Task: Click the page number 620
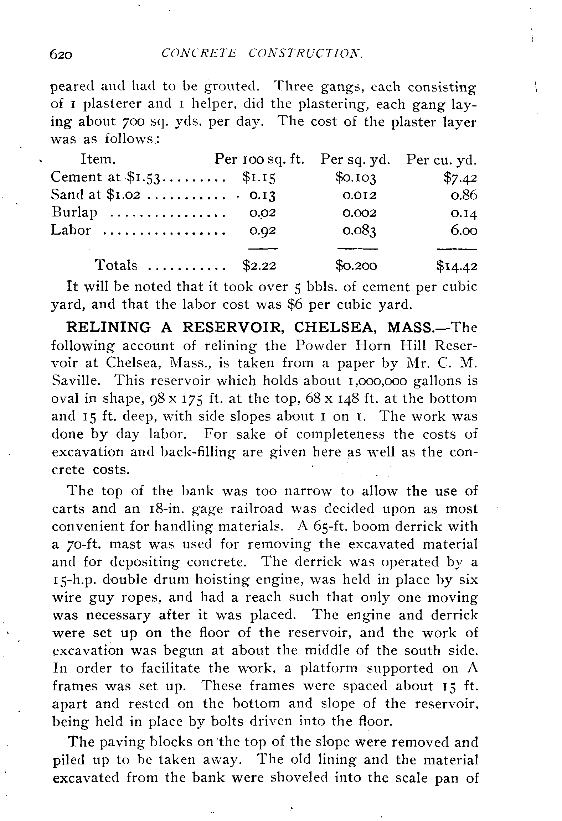pyautogui.click(x=61, y=54)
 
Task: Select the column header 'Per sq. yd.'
pyautogui.click(x=355, y=159)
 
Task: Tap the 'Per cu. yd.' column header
pyautogui.click(x=441, y=160)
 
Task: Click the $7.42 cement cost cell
pyautogui.click(x=460, y=177)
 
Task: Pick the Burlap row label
pyautogui.click(x=74, y=213)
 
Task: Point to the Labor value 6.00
pyautogui.click(x=464, y=230)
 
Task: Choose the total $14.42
pyautogui.click(x=457, y=266)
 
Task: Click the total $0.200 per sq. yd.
pyautogui.click(x=356, y=266)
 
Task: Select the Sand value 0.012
pyautogui.click(x=359, y=195)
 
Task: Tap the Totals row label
pyautogui.click(x=116, y=265)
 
